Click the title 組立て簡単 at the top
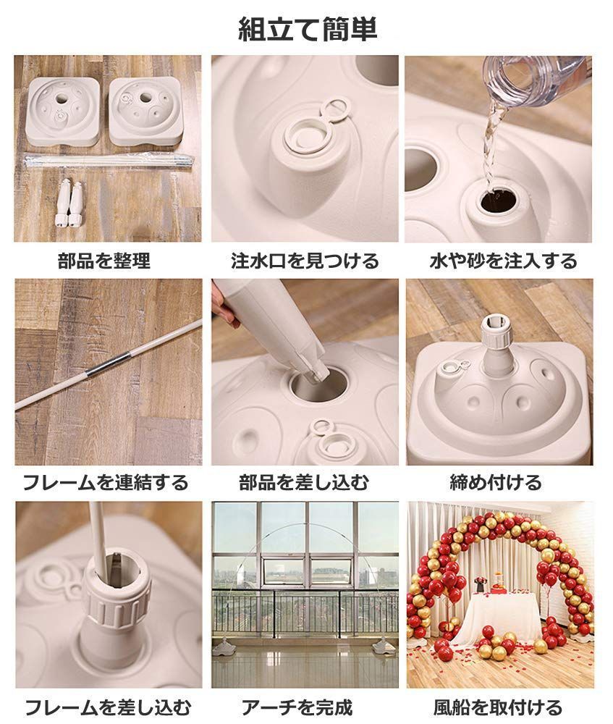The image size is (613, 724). click(x=308, y=29)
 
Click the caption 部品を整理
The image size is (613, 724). click(x=104, y=261)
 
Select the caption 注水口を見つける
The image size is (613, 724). click(x=305, y=261)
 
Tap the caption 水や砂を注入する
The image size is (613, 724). click(x=504, y=261)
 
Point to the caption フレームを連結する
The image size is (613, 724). click(x=106, y=482)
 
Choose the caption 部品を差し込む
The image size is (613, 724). click(x=304, y=482)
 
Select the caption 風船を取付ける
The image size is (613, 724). click(x=498, y=706)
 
